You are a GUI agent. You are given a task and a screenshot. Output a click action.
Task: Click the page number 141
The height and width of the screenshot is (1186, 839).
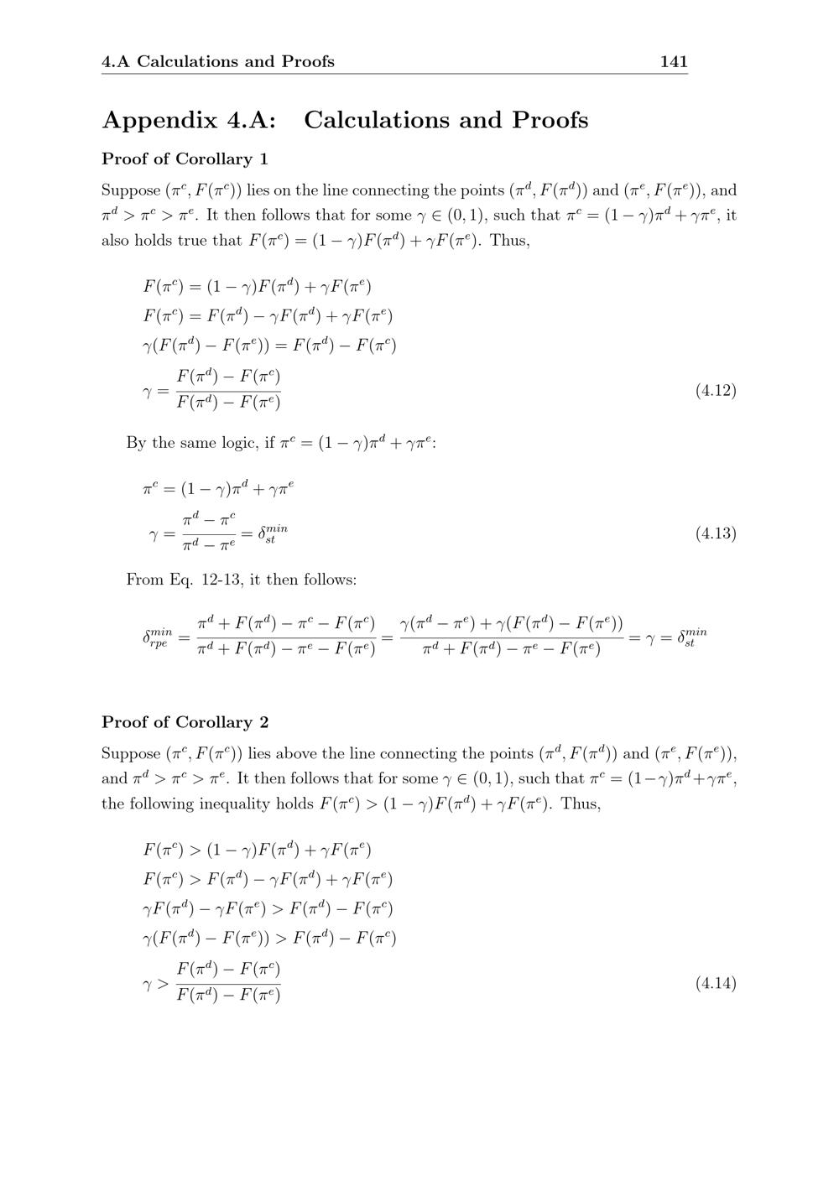(674, 61)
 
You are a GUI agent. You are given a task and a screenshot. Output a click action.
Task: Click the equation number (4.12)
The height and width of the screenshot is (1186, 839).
(716, 390)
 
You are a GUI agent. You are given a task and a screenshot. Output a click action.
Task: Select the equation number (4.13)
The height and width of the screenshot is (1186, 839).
(716, 533)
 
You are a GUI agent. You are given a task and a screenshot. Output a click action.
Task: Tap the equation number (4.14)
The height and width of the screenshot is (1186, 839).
(716, 983)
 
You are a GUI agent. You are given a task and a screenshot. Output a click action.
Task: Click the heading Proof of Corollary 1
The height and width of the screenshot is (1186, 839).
(185, 159)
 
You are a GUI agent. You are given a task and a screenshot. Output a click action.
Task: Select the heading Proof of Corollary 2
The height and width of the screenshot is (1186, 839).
(185, 722)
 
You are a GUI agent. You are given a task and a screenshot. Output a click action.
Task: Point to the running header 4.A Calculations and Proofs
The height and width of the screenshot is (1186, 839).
(217, 61)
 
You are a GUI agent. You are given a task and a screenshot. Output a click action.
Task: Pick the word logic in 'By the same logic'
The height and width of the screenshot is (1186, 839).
(238, 442)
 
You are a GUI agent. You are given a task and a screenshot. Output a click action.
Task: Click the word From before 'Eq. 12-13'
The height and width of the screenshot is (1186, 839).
(143, 580)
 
